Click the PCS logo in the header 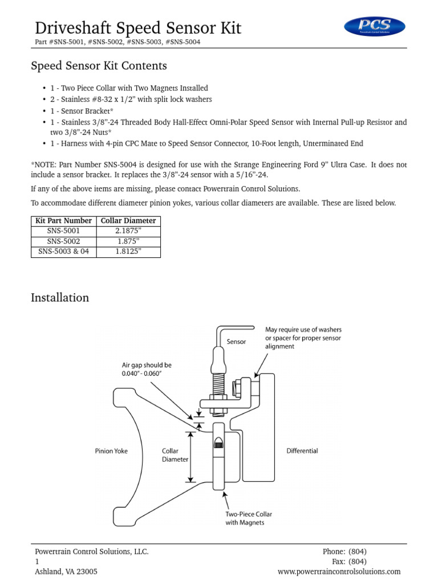(375, 26)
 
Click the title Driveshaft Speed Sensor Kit (138, 28)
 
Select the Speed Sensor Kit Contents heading (99, 66)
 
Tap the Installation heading (60, 298)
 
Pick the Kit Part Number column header (63, 221)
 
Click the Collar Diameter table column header (128, 221)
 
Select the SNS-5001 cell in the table (63, 231)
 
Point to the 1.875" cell (128, 241)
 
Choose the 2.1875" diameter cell (128, 231)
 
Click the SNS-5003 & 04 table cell (63, 252)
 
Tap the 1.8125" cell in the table (128, 252)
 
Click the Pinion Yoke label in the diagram (111, 451)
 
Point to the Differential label (302, 451)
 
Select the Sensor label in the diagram (236, 342)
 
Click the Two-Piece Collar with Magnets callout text (245, 518)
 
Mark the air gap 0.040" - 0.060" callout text (147, 369)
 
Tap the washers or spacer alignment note (303, 338)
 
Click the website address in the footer (339, 572)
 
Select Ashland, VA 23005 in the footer (66, 572)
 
